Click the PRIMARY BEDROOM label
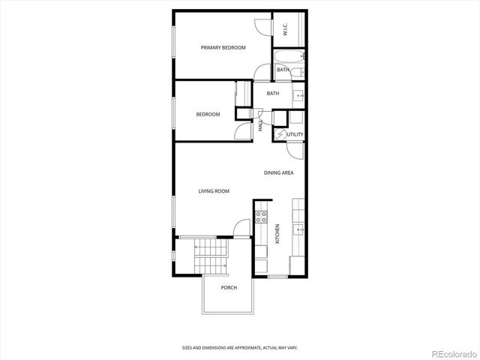(223, 48)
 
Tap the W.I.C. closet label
(286, 30)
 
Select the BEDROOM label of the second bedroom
(208, 114)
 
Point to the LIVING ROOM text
(214, 191)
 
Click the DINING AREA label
(278, 173)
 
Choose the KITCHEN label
(277, 235)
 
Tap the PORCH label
(229, 288)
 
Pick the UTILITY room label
(295, 135)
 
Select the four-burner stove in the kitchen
(261, 217)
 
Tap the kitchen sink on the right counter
(298, 231)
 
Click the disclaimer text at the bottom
(239, 347)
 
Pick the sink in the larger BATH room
(298, 94)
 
